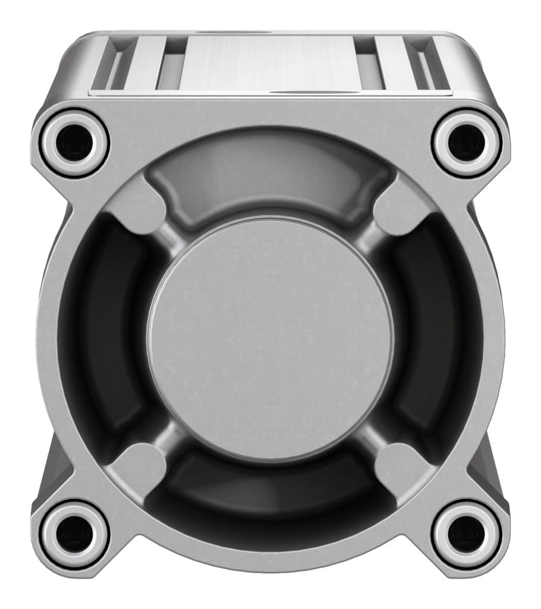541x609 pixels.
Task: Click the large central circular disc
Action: [270, 339]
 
